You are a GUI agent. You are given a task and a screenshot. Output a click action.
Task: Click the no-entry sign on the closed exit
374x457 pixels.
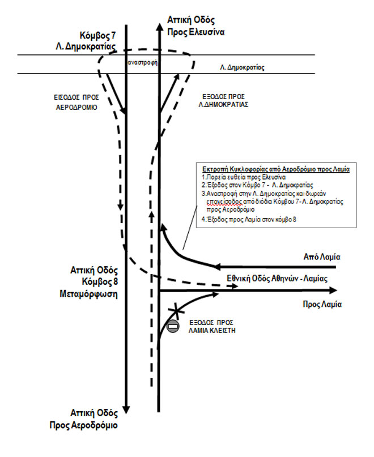[173, 326]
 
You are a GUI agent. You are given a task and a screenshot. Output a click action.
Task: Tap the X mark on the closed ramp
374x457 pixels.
[177, 310]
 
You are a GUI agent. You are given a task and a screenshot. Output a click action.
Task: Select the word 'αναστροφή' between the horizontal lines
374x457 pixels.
[143, 64]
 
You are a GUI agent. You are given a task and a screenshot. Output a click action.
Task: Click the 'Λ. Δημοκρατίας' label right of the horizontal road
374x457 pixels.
[242, 67]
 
